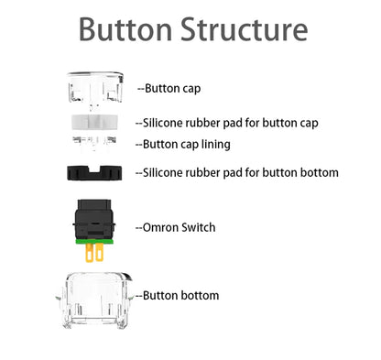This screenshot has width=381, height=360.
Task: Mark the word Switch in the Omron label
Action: point(199,226)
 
